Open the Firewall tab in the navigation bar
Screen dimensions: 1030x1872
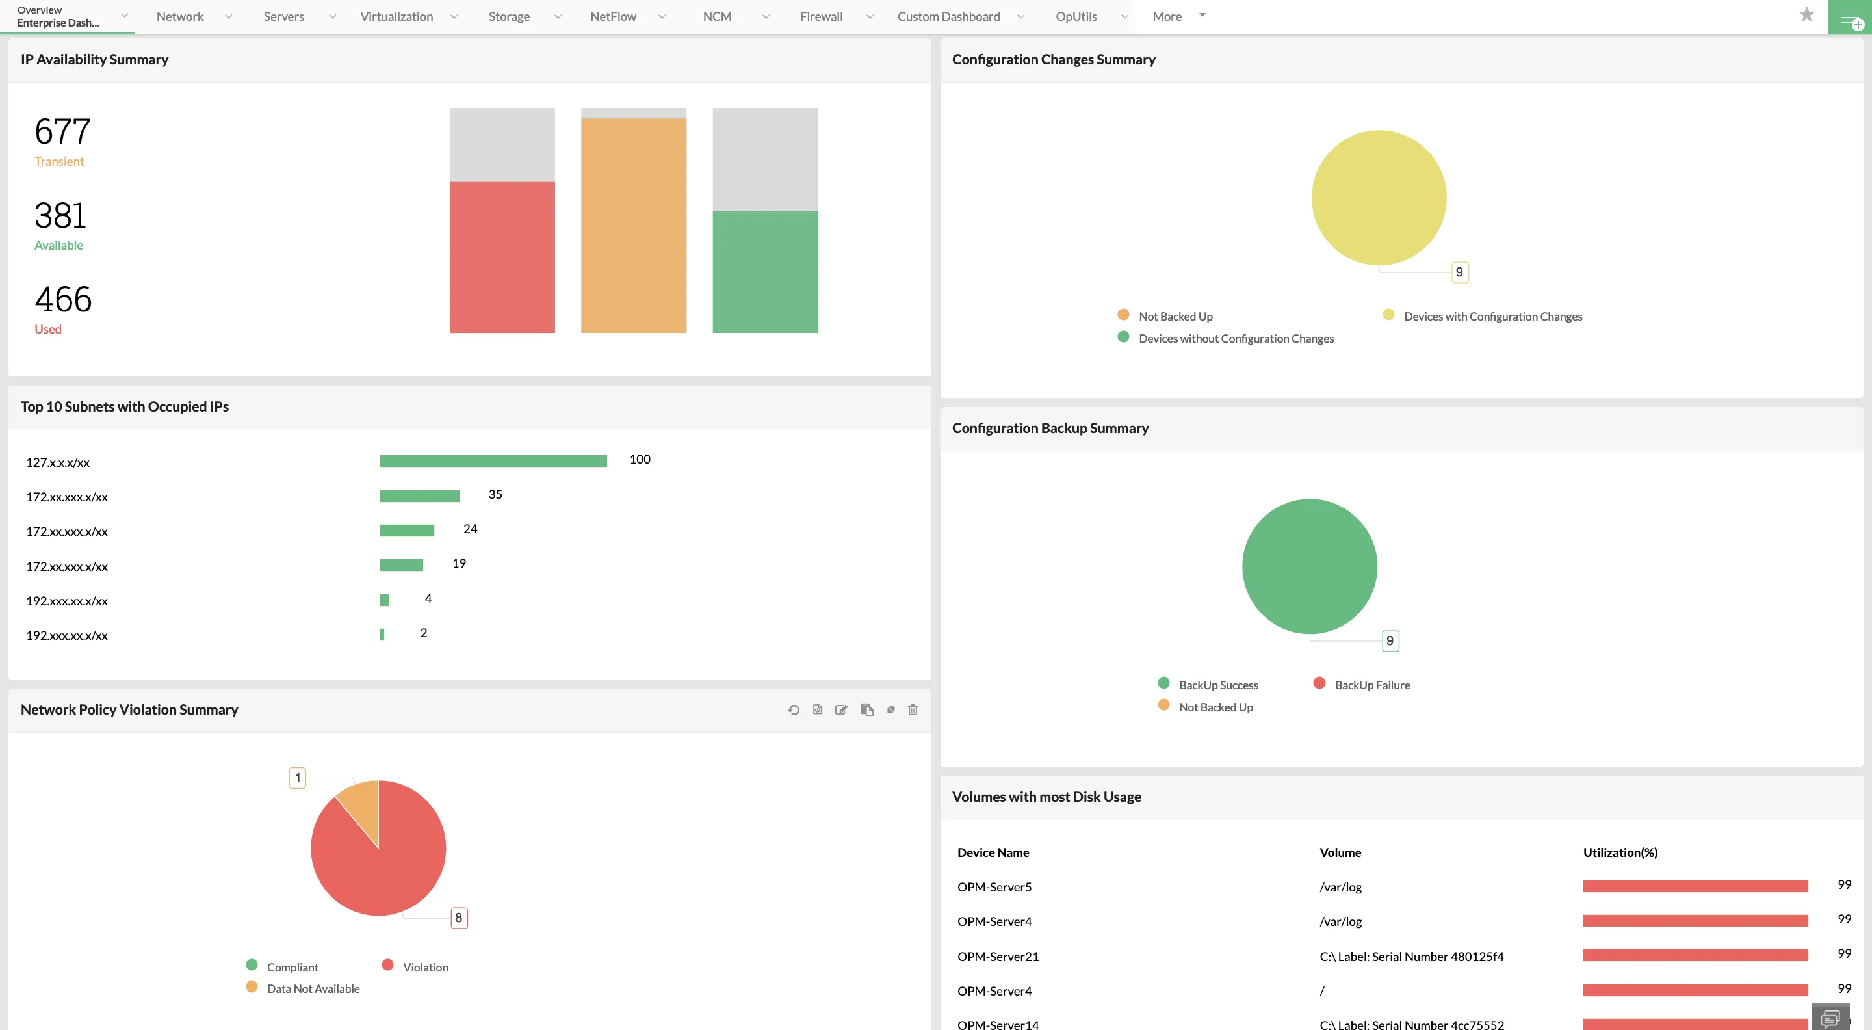[820, 16]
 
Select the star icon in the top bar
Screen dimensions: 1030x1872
[1806, 14]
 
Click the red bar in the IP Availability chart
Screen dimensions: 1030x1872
[502, 257]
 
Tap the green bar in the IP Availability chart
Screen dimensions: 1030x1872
[764, 272]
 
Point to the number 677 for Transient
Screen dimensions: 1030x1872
[62, 132]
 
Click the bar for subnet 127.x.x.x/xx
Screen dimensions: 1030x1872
[493, 461]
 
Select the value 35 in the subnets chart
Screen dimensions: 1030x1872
[495, 494]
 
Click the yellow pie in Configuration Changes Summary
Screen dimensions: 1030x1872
[1378, 198]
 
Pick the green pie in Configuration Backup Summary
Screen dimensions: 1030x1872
[1309, 566]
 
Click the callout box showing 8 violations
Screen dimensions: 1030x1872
[458, 918]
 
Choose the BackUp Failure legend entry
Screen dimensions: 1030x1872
[1371, 685]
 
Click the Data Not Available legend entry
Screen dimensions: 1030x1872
[313, 988]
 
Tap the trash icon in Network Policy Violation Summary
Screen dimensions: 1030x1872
[913, 709]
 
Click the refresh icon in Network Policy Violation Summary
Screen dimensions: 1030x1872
[794, 709]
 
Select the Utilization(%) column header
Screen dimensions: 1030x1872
[1620, 852]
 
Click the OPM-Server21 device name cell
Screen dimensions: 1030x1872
[998, 957]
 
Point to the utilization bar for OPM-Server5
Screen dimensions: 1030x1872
[1695, 886]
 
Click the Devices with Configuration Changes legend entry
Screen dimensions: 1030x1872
[1492, 316]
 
